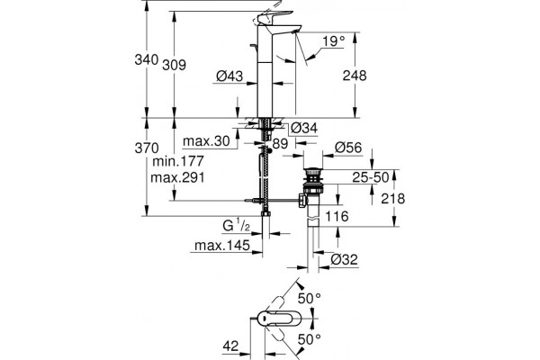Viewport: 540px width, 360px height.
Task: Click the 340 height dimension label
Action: click(147, 59)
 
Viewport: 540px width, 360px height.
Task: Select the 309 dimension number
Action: click(174, 65)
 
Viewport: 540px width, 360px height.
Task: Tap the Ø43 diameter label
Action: click(229, 76)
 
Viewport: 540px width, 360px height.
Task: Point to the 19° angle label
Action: click(333, 41)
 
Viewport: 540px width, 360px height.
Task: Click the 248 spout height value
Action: click(355, 76)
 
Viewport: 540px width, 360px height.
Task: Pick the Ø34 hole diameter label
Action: click(304, 128)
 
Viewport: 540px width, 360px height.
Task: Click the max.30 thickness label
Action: click(206, 141)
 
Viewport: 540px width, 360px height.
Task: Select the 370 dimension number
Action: click(147, 148)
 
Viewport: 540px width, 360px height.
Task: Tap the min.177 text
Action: click(178, 161)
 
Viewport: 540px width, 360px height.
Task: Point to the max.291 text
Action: click(177, 178)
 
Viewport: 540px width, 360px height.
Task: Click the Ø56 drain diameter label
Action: click(348, 148)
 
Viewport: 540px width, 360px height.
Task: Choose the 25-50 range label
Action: click(371, 177)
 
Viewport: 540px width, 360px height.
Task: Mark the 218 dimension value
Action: click(393, 199)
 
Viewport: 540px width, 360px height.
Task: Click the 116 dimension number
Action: click(337, 216)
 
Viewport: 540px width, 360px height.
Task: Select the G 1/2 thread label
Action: click(236, 225)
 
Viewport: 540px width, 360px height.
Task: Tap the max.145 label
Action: click(222, 246)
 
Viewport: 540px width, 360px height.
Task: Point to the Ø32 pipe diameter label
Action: click(345, 259)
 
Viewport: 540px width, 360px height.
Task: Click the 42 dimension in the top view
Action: click(230, 346)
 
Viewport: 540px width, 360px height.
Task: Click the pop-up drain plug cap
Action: click(312, 171)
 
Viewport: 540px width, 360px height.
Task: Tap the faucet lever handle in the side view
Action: click(272, 17)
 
